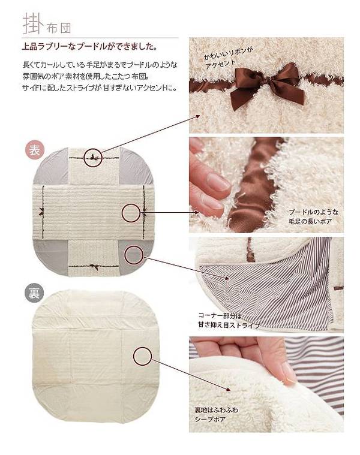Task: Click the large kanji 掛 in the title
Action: click(33, 23)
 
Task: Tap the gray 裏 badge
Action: click(34, 293)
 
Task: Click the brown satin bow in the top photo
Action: click(267, 84)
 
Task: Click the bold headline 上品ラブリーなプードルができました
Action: click(90, 46)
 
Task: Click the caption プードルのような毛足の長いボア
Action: click(314, 217)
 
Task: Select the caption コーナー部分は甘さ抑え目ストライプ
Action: click(229, 320)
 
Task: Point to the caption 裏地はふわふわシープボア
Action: click(216, 414)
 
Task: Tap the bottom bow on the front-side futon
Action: click(94, 267)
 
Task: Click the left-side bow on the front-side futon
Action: click(41, 212)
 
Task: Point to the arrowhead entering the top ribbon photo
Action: click(197, 117)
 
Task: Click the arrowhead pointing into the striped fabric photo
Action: click(227, 278)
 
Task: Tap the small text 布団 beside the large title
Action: click(59, 28)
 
